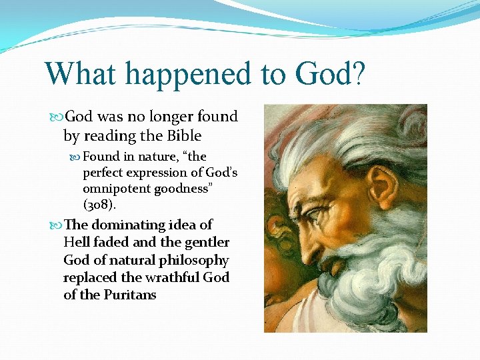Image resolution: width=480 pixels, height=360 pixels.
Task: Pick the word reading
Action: [115, 136]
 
